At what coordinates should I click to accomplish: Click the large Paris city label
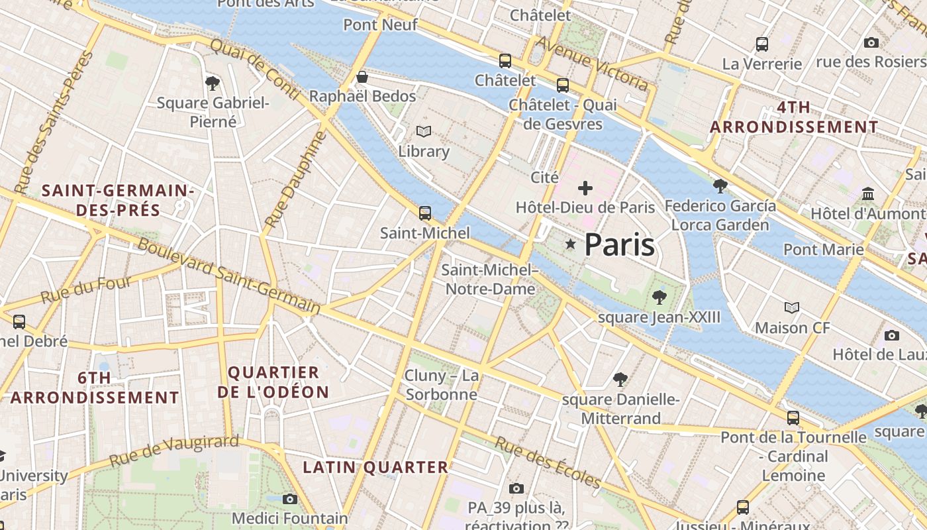click(x=619, y=245)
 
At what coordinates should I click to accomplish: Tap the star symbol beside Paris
click(x=570, y=244)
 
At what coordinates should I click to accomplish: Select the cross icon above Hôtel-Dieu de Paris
click(x=585, y=188)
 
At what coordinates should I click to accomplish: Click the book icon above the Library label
click(x=424, y=132)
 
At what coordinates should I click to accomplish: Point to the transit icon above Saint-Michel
click(x=425, y=213)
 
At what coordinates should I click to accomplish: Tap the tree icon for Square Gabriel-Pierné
click(x=213, y=83)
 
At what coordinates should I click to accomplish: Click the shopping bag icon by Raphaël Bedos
click(x=362, y=77)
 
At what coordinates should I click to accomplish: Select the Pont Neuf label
click(x=380, y=25)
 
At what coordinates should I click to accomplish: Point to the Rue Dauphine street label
click(x=296, y=180)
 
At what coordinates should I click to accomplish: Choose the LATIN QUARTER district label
click(x=375, y=467)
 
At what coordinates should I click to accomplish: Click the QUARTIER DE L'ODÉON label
click(x=273, y=382)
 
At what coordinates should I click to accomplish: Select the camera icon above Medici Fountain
click(x=290, y=499)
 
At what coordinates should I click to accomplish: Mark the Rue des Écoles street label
click(x=548, y=463)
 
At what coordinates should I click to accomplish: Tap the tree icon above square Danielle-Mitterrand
click(x=620, y=380)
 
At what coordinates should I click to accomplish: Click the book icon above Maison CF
click(x=792, y=307)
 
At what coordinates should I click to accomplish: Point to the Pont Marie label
click(x=823, y=250)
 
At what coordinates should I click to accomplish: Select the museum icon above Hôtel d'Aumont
click(x=868, y=194)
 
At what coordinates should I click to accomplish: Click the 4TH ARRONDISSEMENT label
click(x=794, y=117)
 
